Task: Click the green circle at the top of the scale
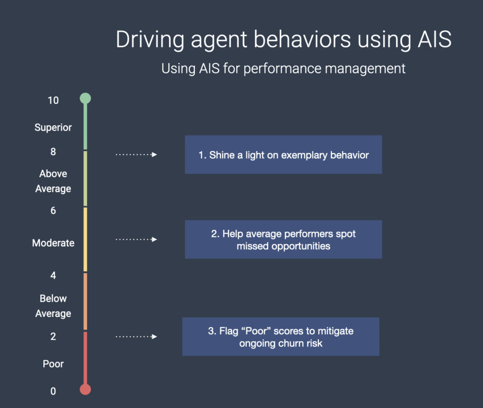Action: click(85, 98)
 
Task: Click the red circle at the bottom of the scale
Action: click(85, 389)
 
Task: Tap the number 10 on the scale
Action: click(53, 100)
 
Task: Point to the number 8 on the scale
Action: click(53, 152)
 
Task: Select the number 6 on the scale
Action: click(53, 211)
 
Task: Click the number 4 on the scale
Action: click(53, 275)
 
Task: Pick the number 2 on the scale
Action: click(53, 337)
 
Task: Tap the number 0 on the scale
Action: click(53, 391)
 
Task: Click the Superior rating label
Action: click(53, 127)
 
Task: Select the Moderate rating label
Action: click(53, 243)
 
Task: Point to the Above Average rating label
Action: click(53, 181)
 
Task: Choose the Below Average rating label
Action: click(53, 306)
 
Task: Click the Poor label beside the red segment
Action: click(53, 364)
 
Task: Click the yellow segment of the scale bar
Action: click(85, 240)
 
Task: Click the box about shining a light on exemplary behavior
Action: click(283, 155)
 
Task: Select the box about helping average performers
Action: click(283, 240)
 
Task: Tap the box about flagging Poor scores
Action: click(281, 337)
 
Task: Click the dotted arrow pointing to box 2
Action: click(136, 240)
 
